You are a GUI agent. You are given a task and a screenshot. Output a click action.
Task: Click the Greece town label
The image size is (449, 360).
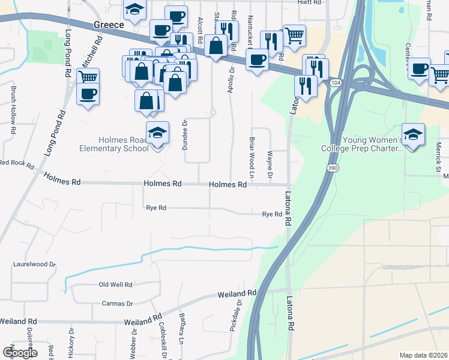(109, 25)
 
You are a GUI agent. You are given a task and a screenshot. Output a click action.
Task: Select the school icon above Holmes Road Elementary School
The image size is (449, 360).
(157, 133)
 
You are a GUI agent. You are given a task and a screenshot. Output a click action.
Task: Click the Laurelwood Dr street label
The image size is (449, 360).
(34, 264)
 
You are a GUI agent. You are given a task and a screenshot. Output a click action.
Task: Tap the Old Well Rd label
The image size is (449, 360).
(115, 284)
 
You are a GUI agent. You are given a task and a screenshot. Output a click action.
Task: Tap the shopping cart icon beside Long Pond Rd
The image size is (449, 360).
(88, 77)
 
